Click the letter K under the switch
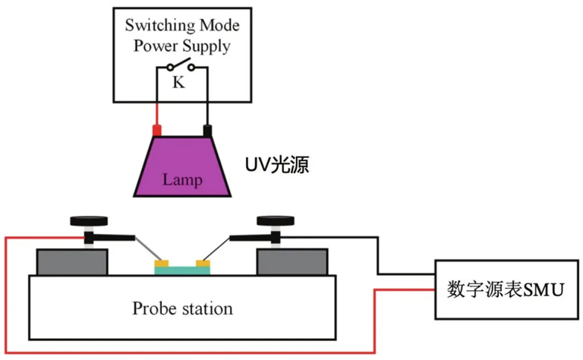pyautogui.click(x=178, y=82)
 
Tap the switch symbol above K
pyautogui.click(x=181, y=65)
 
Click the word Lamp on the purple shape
pyautogui.click(x=182, y=180)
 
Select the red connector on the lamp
pyautogui.click(x=157, y=131)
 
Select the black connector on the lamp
pyautogui.click(x=207, y=131)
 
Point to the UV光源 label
pyautogui.click(x=277, y=165)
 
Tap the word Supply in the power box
pyautogui.click(x=206, y=46)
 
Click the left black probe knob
pyautogui.click(x=89, y=221)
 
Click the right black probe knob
pyautogui.click(x=276, y=221)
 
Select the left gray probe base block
pyautogui.click(x=72, y=262)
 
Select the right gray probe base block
pyautogui.click(x=292, y=262)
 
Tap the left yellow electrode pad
pyautogui.click(x=162, y=264)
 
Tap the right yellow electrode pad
pyautogui.click(x=203, y=264)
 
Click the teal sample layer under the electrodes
pyautogui.click(x=182, y=270)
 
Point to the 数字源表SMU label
pyautogui.click(x=506, y=289)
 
